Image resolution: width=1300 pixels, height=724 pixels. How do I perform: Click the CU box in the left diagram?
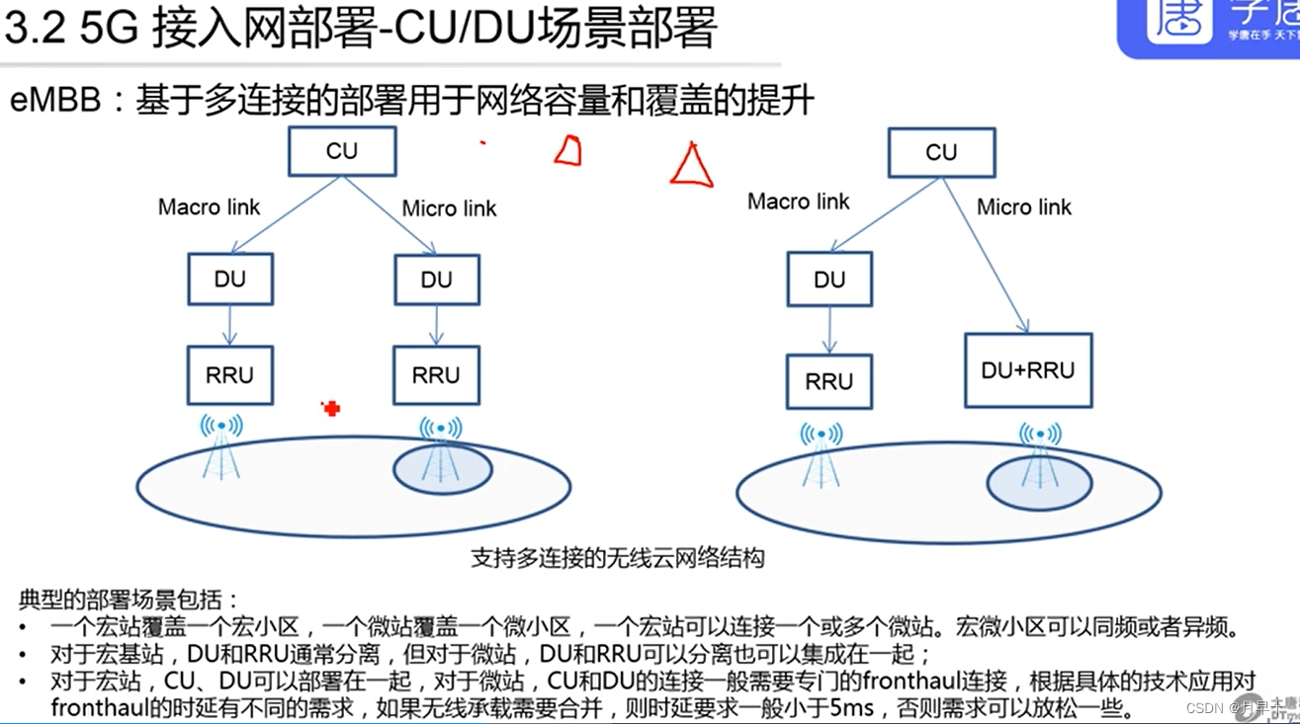pyautogui.click(x=342, y=151)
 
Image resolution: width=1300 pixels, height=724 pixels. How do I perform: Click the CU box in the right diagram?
pyautogui.click(x=941, y=152)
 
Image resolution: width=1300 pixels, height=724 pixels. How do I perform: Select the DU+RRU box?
pyautogui.click(x=1028, y=370)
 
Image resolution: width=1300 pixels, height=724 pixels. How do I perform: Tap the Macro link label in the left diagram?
pyautogui.click(x=209, y=207)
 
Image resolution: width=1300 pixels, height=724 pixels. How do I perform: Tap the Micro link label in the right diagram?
pyautogui.click(x=1024, y=207)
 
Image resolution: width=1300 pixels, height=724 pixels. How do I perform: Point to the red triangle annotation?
pyautogui.click(x=692, y=166)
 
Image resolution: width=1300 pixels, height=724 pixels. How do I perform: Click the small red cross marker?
pyautogui.click(x=331, y=408)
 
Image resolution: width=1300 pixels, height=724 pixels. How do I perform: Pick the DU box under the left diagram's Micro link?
pyautogui.click(x=436, y=280)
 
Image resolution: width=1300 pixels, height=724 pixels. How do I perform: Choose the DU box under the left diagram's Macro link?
pyautogui.click(x=230, y=279)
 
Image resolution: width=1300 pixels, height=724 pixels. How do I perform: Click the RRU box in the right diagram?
pyautogui.click(x=829, y=381)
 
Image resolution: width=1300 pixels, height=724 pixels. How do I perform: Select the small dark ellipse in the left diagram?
pyautogui.click(x=442, y=469)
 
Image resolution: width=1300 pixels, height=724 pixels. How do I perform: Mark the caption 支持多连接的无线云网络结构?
pyautogui.click(x=617, y=558)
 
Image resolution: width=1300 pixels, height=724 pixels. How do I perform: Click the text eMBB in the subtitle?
pyautogui.click(x=55, y=101)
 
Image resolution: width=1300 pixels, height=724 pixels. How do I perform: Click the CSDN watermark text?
pyautogui.click(x=1205, y=707)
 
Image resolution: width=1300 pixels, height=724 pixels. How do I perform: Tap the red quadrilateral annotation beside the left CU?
pyautogui.click(x=567, y=151)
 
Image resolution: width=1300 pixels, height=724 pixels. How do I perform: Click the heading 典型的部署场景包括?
pyautogui.click(x=129, y=600)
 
